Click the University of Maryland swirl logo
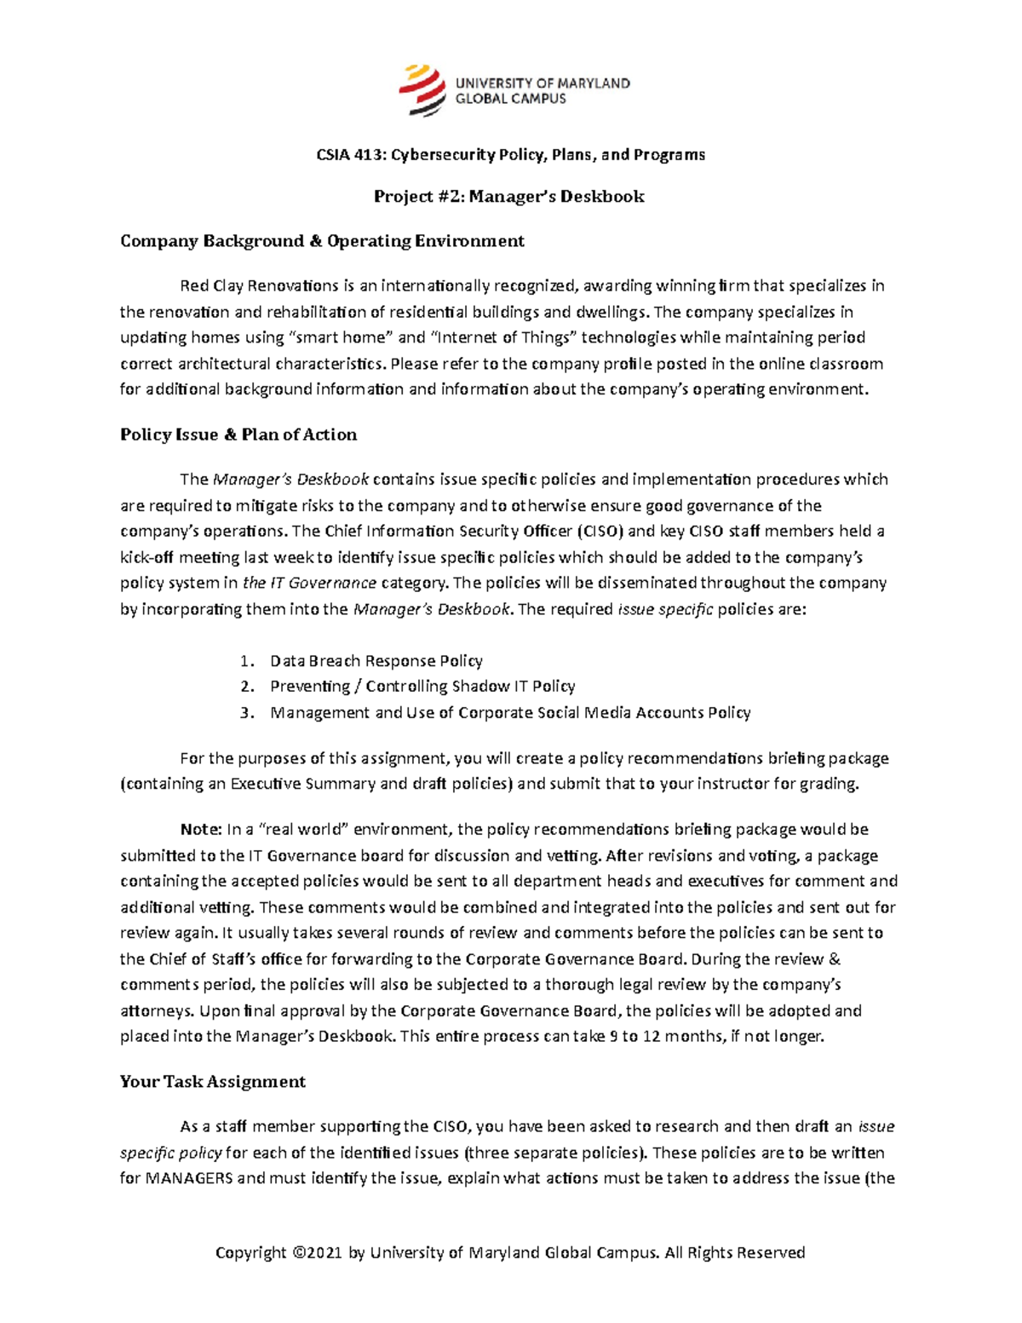click(x=422, y=90)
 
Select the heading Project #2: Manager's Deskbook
click(x=509, y=197)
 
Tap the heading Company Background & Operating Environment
click(x=322, y=241)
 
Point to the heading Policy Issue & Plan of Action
click(x=238, y=434)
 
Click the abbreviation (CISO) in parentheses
click(x=600, y=532)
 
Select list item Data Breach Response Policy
click(x=376, y=661)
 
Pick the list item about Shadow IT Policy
click(x=422, y=687)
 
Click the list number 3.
click(x=246, y=713)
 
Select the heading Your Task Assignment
click(x=213, y=1082)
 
